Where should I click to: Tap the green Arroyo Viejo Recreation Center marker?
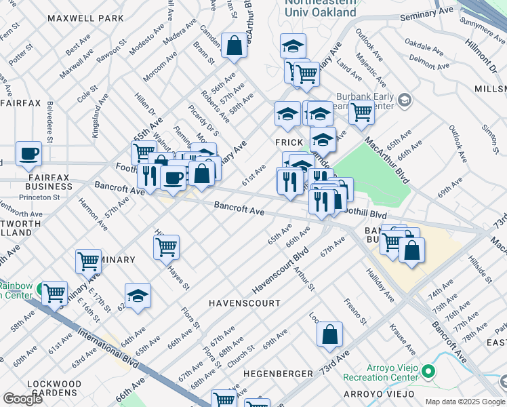(428, 371)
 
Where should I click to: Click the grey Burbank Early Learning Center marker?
(405, 101)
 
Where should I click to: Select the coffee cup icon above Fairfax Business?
(28, 155)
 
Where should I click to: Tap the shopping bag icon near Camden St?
(234, 47)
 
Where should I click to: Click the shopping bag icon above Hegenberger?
(329, 334)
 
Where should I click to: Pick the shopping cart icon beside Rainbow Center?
(54, 294)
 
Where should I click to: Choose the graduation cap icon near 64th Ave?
(138, 296)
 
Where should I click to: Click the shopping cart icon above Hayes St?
(166, 247)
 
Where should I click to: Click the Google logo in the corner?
(22, 399)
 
